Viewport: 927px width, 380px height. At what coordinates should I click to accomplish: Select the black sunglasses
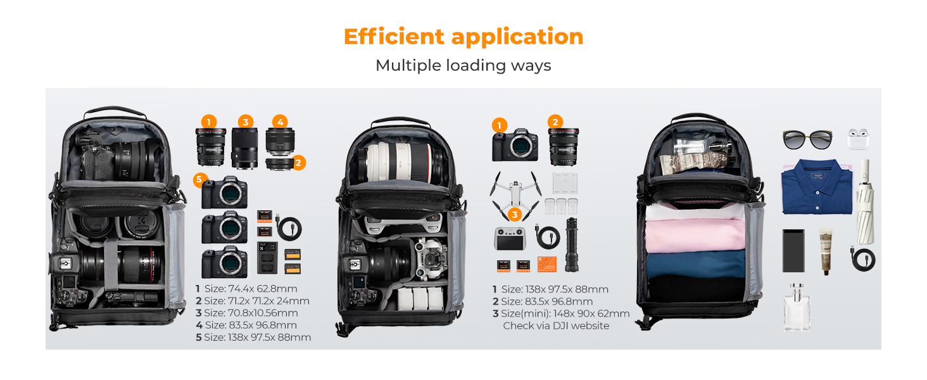[x=807, y=139]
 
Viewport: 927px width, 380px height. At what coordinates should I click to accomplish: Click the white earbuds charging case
[x=858, y=139]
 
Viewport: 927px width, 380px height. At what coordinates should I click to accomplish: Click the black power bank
[x=793, y=250]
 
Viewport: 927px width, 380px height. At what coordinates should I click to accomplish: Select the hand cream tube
[x=824, y=251]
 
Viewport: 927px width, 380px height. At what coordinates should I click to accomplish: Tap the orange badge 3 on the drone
[x=515, y=215]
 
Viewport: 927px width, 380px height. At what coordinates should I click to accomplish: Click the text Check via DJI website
[x=555, y=326]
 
